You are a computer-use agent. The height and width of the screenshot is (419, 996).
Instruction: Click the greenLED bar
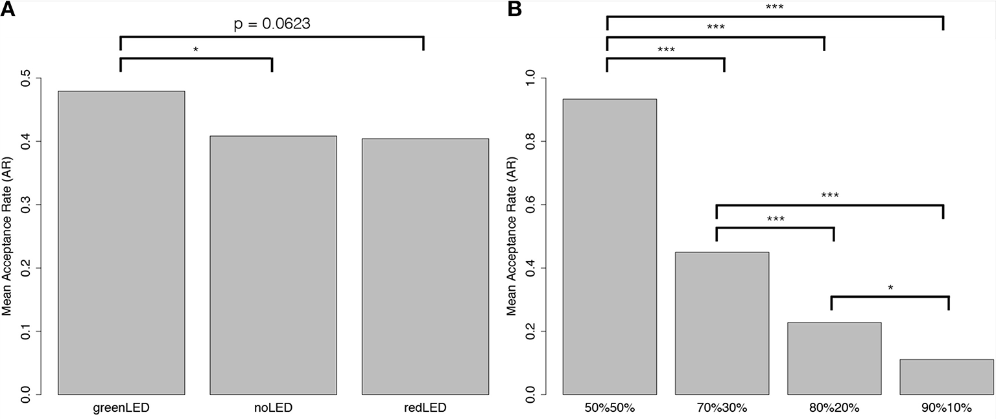tap(121, 243)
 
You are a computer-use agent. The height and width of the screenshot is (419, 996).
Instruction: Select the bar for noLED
tap(273, 265)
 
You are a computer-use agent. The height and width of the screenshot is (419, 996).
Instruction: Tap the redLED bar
tap(425, 266)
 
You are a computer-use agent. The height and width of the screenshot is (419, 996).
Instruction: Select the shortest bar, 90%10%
tap(947, 376)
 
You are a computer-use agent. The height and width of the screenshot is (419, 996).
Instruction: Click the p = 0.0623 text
tap(272, 25)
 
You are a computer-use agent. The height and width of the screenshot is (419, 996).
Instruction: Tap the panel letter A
tap(8, 10)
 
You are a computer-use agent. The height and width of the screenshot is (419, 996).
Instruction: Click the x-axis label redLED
tap(425, 408)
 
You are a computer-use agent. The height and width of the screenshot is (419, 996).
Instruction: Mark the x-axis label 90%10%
tap(947, 408)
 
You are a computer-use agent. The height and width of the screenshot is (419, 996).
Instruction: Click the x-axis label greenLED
tap(121, 408)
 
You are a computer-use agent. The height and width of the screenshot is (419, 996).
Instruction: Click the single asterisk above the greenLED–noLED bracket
tap(196, 50)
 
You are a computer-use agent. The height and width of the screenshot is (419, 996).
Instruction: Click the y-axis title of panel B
tap(512, 236)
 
